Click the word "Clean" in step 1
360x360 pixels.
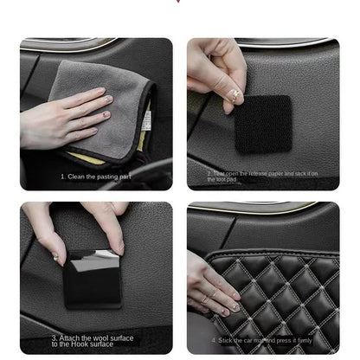pyautogui.click(x=79, y=176)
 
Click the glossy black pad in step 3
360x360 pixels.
pyautogui.click(x=93, y=277)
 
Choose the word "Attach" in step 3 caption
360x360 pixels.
pyautogui.click(x=70, y=338)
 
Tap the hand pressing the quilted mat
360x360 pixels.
pyautogui.click(x=208, y=286)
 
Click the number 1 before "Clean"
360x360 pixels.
pyautogui.click(x=62, y=176)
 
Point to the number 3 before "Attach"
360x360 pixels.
pyautogui.click(x=52, y=338)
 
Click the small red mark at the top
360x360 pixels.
pyautogui.click(x=179, y=2)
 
